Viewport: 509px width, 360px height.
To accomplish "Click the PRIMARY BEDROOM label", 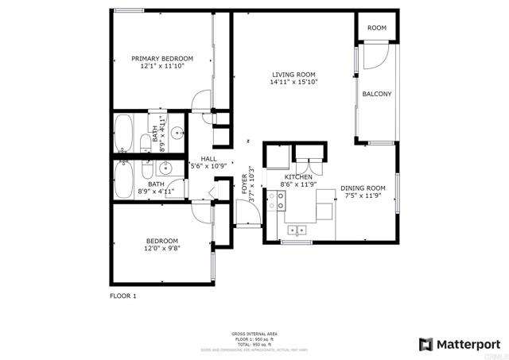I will [162, 59].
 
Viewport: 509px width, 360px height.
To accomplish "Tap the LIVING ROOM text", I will [294, 74].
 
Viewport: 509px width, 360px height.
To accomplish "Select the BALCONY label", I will [377, 94].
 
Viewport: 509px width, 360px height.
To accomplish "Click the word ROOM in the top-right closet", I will [377, 28].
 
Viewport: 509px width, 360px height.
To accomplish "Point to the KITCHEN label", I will [299, 176].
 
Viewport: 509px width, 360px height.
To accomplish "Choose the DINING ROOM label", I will [363, 188].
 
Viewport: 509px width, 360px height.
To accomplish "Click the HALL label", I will [208, 158].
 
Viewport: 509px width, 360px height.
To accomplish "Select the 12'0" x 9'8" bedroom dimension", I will [161, 249].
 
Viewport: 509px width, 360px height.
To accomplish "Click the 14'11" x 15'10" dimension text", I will [294, 82].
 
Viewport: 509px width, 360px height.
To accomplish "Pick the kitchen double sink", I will [298, 230].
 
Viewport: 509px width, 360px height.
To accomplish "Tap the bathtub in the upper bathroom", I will [124, 133].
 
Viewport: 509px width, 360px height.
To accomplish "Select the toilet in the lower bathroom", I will [146, 168].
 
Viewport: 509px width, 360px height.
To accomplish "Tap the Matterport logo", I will [459, 343].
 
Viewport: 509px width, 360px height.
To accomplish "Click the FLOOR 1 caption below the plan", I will [123, 296].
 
